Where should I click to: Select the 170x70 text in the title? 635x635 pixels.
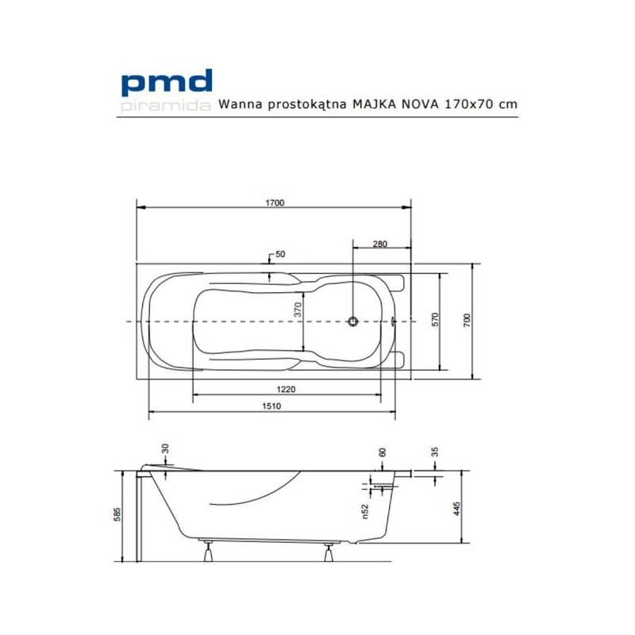(x=469, y=104)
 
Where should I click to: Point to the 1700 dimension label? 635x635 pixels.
(x=275, y=202)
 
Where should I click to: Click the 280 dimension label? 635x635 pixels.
(x=380, y=244)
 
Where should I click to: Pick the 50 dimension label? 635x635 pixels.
(x=280, y=254)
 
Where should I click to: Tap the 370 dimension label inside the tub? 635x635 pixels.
(x=298, y=309)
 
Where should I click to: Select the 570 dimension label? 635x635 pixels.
(x=435, y=320)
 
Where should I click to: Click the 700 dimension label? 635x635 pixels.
(x=467, y=320)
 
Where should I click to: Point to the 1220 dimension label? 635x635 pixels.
(x=286, y=389)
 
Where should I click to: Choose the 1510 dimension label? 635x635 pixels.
(x=271, y=406)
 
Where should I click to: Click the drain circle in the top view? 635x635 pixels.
(x=353, y=321)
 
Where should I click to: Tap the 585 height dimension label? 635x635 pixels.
(x=117, y=514)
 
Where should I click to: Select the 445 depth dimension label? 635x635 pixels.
(x=457, y=508)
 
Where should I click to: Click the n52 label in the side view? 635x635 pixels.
(x=365, y=511)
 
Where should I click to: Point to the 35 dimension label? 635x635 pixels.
(x=435, y=452)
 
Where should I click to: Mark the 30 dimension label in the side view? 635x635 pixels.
(x=165, y=448)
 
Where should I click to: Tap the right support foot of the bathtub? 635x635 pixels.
(x=329, y=552)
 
